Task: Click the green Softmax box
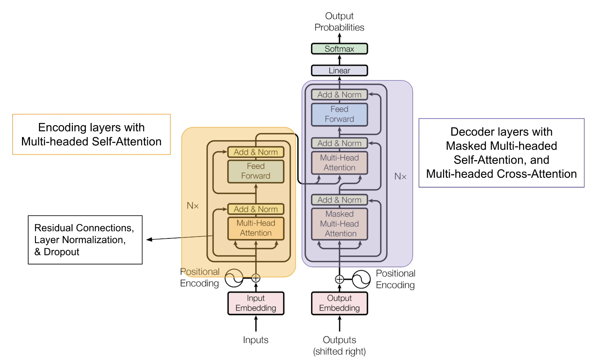point(339,49)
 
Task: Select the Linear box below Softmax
point(339,70)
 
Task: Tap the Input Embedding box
point(256,303)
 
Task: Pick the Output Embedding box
point(339,303)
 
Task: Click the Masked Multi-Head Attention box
point(339,224)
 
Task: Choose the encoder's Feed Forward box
point(256,171)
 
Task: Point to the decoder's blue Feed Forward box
point(339,114)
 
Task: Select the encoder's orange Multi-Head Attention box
point(256,228)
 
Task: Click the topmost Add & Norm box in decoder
point(339,95)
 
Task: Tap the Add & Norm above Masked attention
point(339,200)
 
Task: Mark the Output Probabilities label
point(339,22)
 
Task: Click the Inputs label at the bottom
point(255,340)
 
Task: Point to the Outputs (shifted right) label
point(339,346)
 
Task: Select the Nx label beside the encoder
point(193,206)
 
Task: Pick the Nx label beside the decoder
point(400,176)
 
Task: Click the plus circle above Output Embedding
point(339,279)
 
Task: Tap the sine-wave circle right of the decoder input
point(361,279)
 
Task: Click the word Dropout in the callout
point(61,252)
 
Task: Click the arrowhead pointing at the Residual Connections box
point(148,240)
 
